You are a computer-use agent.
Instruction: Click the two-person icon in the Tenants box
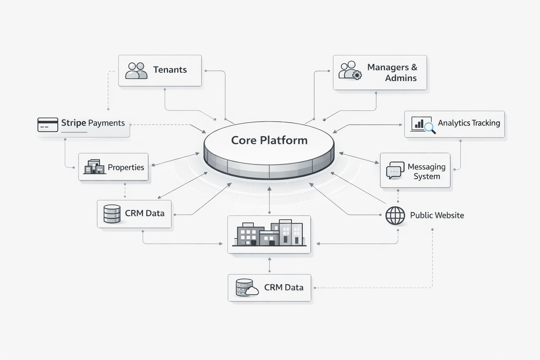pyautogui.click(x=136, y=70)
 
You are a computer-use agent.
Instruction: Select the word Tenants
pyautogui.click(x=170, y=70)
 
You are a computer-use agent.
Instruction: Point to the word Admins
pyautogui.click(x=400, y=78)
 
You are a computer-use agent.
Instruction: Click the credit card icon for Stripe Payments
pyautogui.click(x=48, y=125)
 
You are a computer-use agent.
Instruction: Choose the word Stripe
pyautogui.click(x=73, y=123)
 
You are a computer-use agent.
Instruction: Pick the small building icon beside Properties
pyautogui.click(x=94, y=167)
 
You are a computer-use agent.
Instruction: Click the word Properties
pyautogui.click(x=126, y=167)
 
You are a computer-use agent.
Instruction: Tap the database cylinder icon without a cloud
pyautogui.click(x=112, y=214)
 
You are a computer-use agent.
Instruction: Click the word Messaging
pyautogui.click(x=426, y=167)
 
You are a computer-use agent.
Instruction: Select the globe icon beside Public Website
pyautogui.click(x=395, y=216)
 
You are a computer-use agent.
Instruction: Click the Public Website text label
pyautogui.click(x=437, y=216)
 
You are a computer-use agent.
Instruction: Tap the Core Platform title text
pyautogui.click(x=269, y=140)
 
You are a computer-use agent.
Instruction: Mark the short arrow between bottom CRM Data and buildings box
pyautogui.click(x=270, y=264)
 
